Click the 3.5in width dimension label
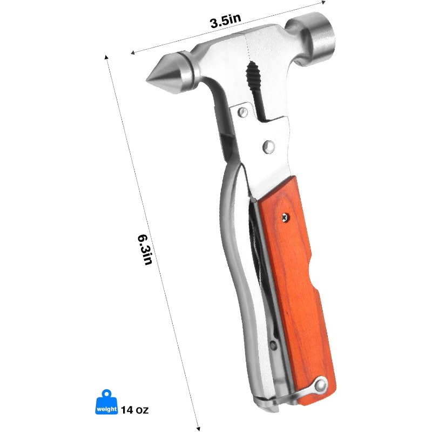click(225, 22)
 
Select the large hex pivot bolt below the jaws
click(268, 146)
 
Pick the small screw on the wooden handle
click(284, 217)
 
